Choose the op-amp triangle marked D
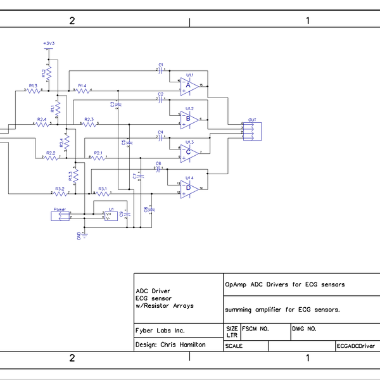point(190,189)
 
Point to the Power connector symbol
point(60,216)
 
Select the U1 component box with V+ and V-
point(111,216)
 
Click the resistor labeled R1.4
point(82,91)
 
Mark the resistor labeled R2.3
point(89,124)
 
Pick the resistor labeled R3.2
point(60,194)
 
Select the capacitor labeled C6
point(158,168)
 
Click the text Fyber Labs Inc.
point(160,331)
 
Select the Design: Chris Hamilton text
point(170,345)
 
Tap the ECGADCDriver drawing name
point(355,346)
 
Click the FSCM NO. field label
point(256,329)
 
